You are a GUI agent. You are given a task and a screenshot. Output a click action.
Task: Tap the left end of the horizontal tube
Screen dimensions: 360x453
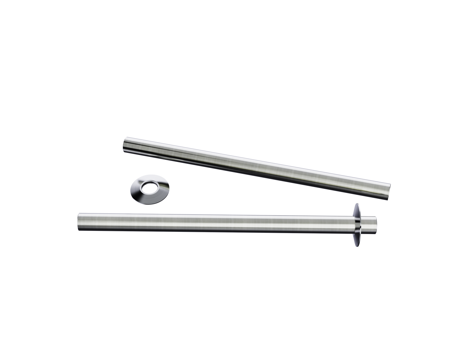[78, 221]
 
